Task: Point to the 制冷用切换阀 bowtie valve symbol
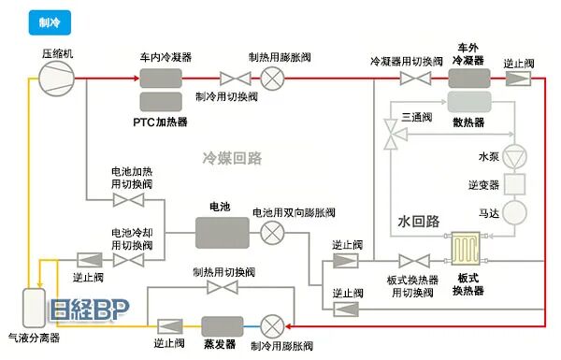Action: [228, 78]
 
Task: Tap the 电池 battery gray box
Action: [222, 231]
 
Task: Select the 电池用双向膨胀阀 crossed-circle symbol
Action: [273, 231]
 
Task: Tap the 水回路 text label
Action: [418, 223]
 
